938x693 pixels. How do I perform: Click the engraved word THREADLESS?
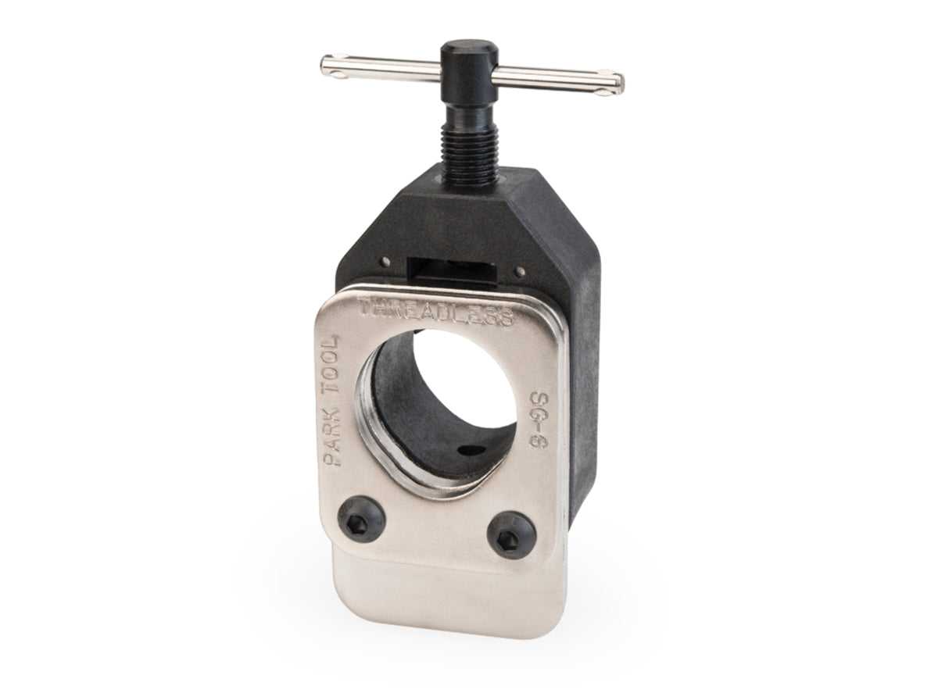(435, 311)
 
